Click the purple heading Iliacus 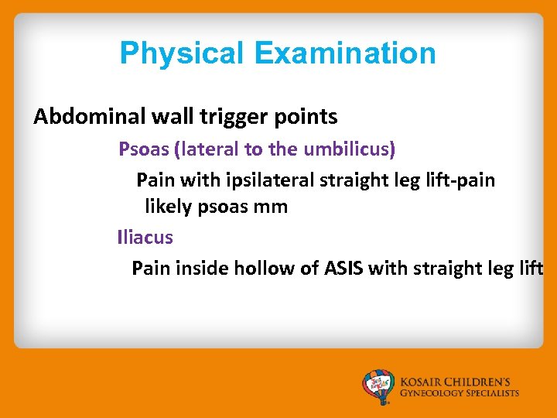pos(145,237)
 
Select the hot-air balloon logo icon pos(379,386)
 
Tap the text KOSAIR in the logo pos(423,382)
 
